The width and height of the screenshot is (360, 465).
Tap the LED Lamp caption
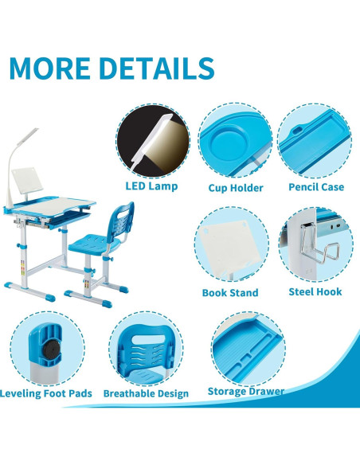pos(151,186)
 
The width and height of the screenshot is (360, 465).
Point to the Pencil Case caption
pos(315,187)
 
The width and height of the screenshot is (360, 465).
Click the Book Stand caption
pos(229,292)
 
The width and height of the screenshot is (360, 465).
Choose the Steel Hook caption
pos(315,291)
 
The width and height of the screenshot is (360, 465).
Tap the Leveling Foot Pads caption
pos(46,393)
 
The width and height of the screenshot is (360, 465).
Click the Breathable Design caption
pos(146,393)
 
